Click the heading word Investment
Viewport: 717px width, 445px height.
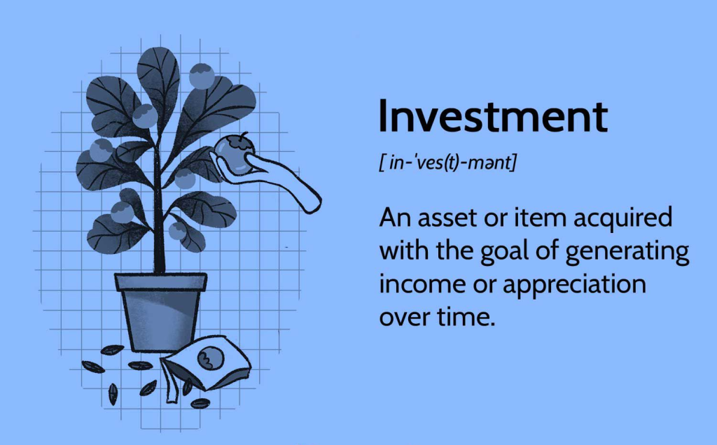coord(494,116)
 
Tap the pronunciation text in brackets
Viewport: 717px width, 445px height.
coord(447,162)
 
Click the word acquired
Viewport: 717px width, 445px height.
coord(622,219)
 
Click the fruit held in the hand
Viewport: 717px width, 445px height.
coord(234,155)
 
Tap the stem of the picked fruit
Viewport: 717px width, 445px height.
coord(244,136)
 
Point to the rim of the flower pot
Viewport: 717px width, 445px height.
coord(161,281)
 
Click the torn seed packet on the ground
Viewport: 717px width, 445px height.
coord(206,365)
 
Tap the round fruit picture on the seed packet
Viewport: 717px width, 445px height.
coord(211,358)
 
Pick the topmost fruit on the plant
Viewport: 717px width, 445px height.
coord(202,76)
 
